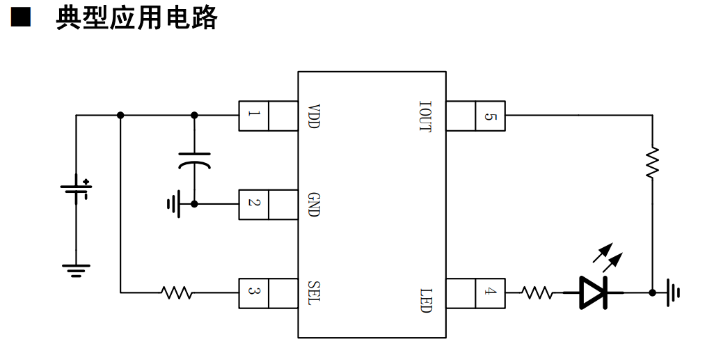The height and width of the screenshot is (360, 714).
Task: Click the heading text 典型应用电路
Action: click(x=136, y=18)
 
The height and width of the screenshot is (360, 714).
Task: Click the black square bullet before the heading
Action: click(x=20, y=17)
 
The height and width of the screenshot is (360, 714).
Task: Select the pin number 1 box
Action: click(x=253, y=116)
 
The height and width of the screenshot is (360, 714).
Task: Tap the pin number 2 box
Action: click(x=253, y=205)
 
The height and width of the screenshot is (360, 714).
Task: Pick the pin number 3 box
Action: click(x=253, y=293)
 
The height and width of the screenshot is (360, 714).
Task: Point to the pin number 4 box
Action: click(x=490, y=293)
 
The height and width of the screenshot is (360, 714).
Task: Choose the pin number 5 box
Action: click(x=490, y=116)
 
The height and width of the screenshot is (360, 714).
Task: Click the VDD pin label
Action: click(x=314, y=116)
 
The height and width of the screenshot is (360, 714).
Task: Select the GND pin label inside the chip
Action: click(x=314, y=205)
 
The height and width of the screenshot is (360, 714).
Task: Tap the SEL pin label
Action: click(x=314, y=293)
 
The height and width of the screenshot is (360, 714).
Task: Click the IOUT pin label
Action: click(x=425, y=116)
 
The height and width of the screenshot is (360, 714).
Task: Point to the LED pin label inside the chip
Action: click(x=425, y=300)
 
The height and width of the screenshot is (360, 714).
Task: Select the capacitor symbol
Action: click(x=194, y=161)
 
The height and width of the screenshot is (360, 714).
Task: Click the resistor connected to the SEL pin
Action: click(x=177, y=292)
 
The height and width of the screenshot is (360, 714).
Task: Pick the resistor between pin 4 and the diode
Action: click(x=537, y=292)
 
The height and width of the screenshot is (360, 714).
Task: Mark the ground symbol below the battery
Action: click(x=76, y=271)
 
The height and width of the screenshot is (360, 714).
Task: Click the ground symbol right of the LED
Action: click(x=674, y=292)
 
